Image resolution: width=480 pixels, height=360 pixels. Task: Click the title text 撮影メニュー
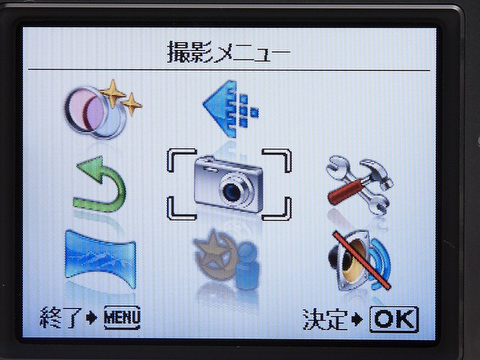pyautogui.click(x=228, y=52)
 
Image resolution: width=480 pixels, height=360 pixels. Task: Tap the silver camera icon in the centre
pyautogui.click(x=229, y=183)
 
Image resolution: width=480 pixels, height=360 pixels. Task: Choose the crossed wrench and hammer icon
pyautogui.click(x=357, y=186)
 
